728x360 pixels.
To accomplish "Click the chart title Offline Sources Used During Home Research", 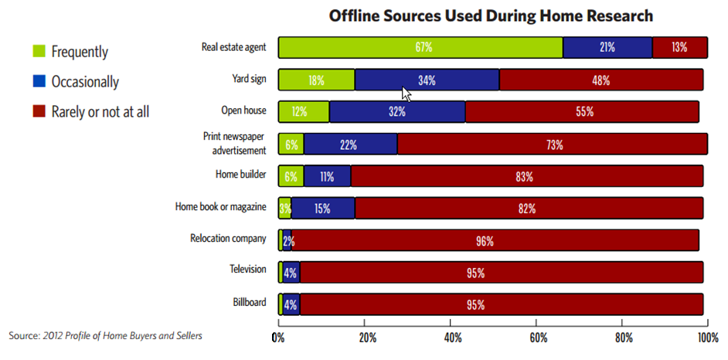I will tap(491, 15).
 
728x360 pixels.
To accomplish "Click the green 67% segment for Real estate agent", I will tap(420, 47).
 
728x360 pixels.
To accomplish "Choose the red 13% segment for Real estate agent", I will tap(679, 47).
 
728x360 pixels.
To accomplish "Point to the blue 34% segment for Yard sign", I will tap(427, 80).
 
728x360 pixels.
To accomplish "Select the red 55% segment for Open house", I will tap(583, 111).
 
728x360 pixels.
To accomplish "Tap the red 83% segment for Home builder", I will tap(526, 176).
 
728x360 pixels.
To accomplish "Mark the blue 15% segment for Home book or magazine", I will tap(323, 208).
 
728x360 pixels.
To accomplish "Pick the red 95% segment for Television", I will tap(500, 272).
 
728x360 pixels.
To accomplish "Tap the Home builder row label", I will tap(241, 175).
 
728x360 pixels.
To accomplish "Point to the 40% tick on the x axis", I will tap(454, 337).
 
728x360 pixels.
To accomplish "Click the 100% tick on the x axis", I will tap(707, 337).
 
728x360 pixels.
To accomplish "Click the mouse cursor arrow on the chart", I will tap(407, 93).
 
